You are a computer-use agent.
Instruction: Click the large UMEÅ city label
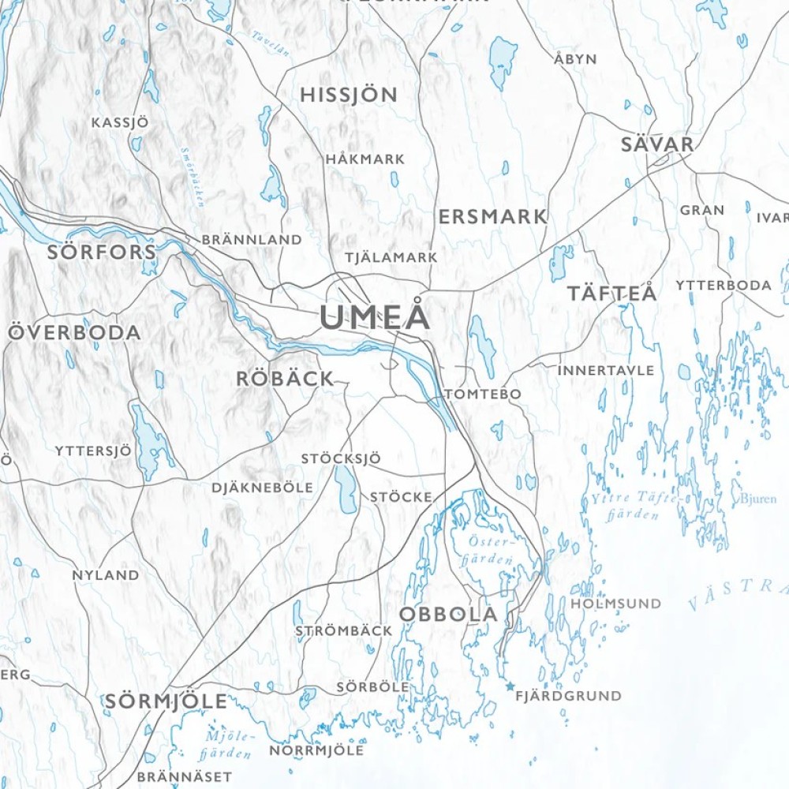coord(376,317)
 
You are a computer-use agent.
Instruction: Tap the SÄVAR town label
coord(657,144)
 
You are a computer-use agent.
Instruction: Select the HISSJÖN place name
coord(349,95)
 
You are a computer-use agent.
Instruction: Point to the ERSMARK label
coord(492,216)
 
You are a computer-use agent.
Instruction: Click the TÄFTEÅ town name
coord(611,294)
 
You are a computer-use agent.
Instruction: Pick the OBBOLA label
coord(448,614)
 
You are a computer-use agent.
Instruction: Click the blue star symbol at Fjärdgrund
coord(510,686)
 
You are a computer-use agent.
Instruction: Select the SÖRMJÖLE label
coord(166,701)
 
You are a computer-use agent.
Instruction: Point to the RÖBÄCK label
coord(285,379)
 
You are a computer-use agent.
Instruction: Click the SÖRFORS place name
coord(102,252)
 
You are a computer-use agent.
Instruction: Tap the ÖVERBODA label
coord(75,332)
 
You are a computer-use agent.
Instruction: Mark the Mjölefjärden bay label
coord(226,746)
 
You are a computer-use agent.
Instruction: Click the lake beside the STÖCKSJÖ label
coord(346,489)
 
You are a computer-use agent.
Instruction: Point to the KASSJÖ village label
coord(119,123)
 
